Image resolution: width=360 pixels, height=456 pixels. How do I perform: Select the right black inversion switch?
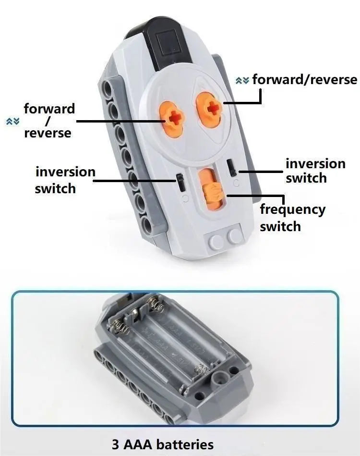(232, 167)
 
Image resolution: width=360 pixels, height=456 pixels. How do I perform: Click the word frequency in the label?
(293, 210)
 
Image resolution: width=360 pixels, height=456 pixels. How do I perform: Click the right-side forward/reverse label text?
(304, 79)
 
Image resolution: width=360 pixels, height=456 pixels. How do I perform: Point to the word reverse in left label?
(48, 133)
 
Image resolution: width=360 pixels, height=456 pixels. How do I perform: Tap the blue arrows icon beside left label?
(13, 121)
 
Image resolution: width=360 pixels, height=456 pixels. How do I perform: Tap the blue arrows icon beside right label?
(242, 80)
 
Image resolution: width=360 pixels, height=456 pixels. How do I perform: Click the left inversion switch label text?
(65, 180)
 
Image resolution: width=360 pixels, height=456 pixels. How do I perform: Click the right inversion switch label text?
(315, 171)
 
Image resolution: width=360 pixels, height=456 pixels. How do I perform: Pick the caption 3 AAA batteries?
(163, 444)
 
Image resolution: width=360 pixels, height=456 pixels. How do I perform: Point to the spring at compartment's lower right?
(201, 370)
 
